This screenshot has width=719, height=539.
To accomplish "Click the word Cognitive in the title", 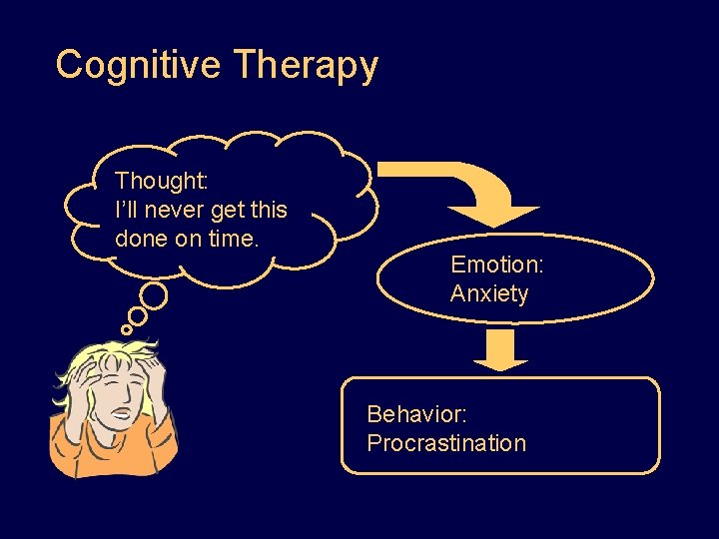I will click(139, 65).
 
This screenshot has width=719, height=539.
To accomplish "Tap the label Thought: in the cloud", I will click(162, 182).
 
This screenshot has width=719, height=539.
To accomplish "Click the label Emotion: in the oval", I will click(496, 265).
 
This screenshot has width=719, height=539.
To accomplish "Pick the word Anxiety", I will click(489, 293).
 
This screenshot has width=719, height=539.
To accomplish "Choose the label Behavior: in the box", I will click(417, 414).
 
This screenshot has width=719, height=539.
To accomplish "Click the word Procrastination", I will click(446, 443).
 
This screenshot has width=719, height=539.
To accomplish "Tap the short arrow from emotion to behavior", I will click(499, 350).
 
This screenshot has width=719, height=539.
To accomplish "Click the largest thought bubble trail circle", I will click(153, 295).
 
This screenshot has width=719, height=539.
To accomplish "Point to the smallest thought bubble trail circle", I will click(126, 329).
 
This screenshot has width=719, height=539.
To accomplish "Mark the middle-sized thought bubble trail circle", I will click(137, 315).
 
